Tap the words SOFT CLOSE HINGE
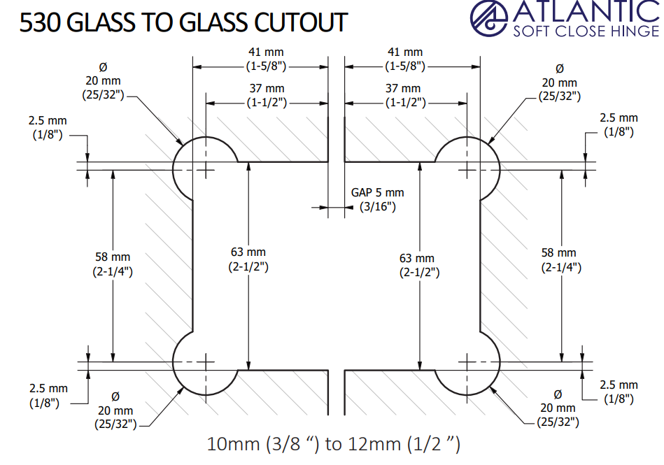(x=586, y=31)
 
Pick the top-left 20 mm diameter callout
(x=103, y=81)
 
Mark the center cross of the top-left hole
(x=206, y=169)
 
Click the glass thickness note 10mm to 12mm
(x=334, y=443)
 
